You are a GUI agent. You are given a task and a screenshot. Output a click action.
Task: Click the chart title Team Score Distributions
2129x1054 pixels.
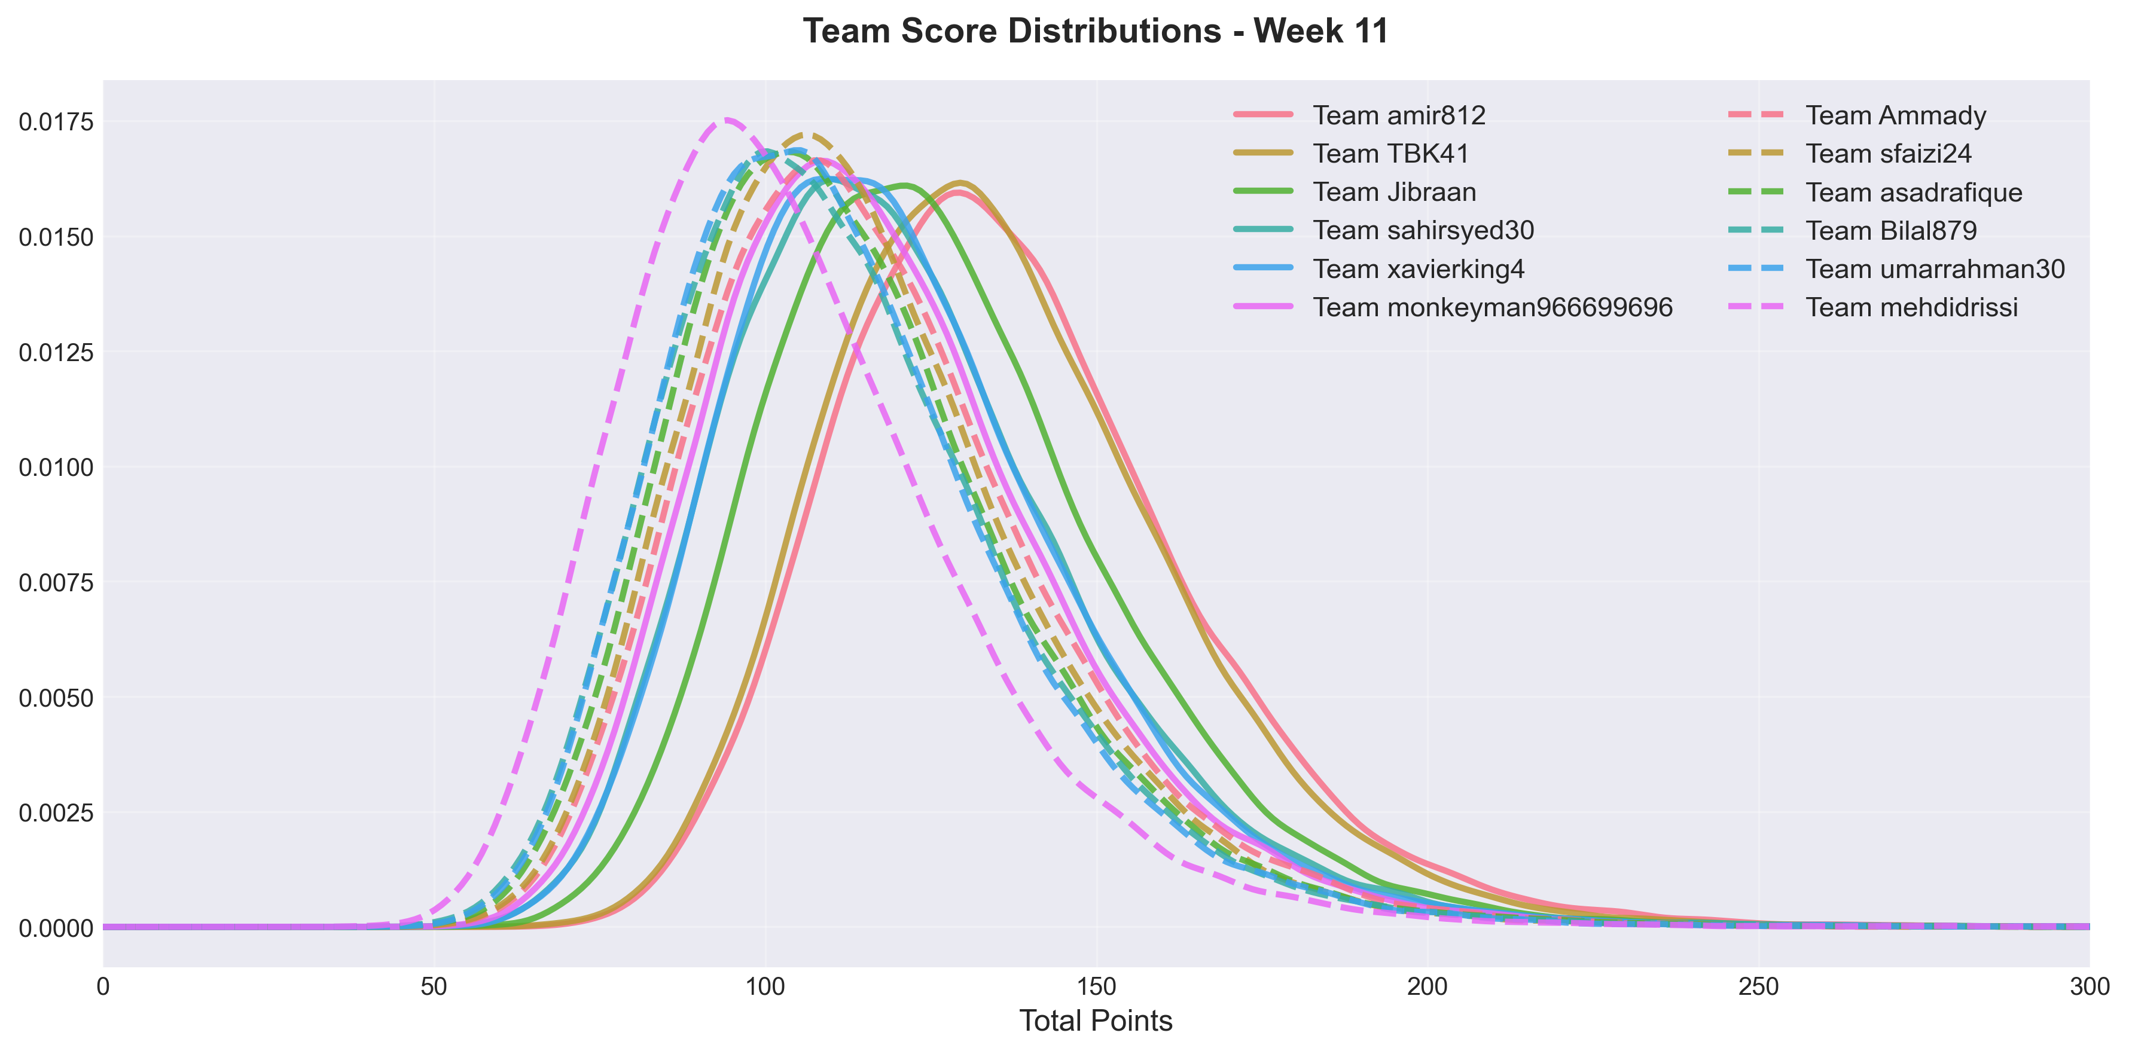point(1096,32)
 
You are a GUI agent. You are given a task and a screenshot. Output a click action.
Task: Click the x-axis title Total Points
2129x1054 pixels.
point(1096,1021)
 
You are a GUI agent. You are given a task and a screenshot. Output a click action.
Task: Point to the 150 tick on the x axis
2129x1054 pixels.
point(1097,987)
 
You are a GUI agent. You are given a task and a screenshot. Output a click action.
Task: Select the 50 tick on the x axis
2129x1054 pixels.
point(434,987)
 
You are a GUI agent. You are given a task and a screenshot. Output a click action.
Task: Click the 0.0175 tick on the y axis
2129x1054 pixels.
point(56,122)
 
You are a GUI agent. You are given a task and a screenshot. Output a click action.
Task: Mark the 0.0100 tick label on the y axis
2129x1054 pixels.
point(56,468)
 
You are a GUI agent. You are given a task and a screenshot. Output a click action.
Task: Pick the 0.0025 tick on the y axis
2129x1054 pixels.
point(56,814)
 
